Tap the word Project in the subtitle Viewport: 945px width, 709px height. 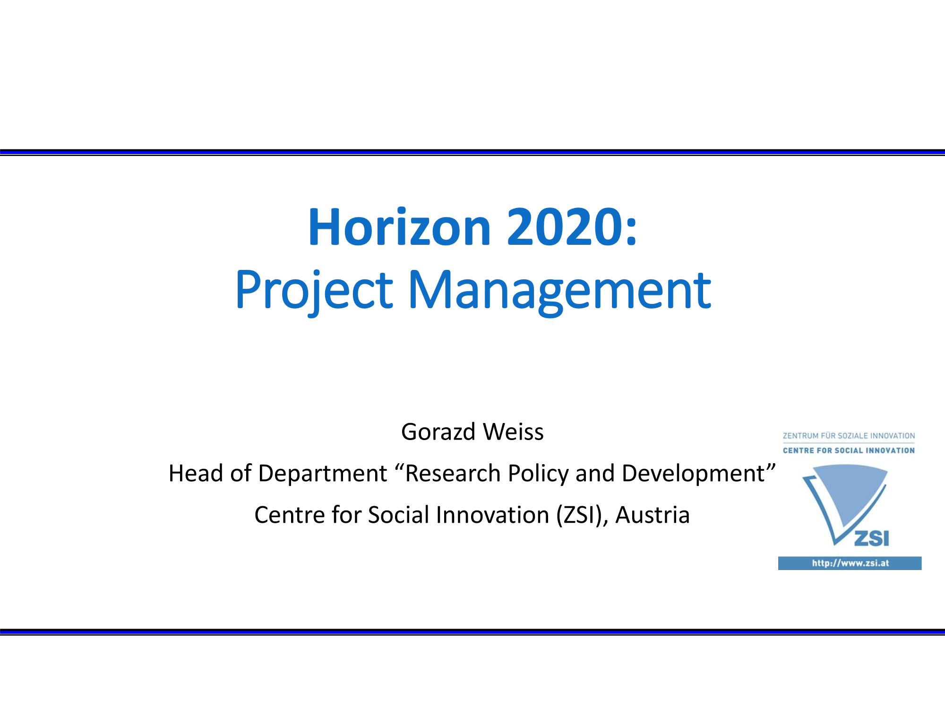click(314, 290)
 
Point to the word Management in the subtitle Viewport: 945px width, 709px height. click(559, 290)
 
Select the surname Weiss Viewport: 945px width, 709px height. click(513, 432)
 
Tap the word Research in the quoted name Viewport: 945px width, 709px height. click(453, 473)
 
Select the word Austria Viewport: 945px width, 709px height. click(653, 515)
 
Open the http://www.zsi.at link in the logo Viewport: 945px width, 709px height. click(850, 563)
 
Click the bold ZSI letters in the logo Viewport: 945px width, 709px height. click(872, 538)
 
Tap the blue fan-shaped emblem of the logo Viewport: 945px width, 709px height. click(845, 501)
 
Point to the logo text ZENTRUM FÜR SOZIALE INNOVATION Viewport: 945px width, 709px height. click(849, 436)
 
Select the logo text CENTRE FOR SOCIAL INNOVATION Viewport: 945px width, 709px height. click(849, 450)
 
